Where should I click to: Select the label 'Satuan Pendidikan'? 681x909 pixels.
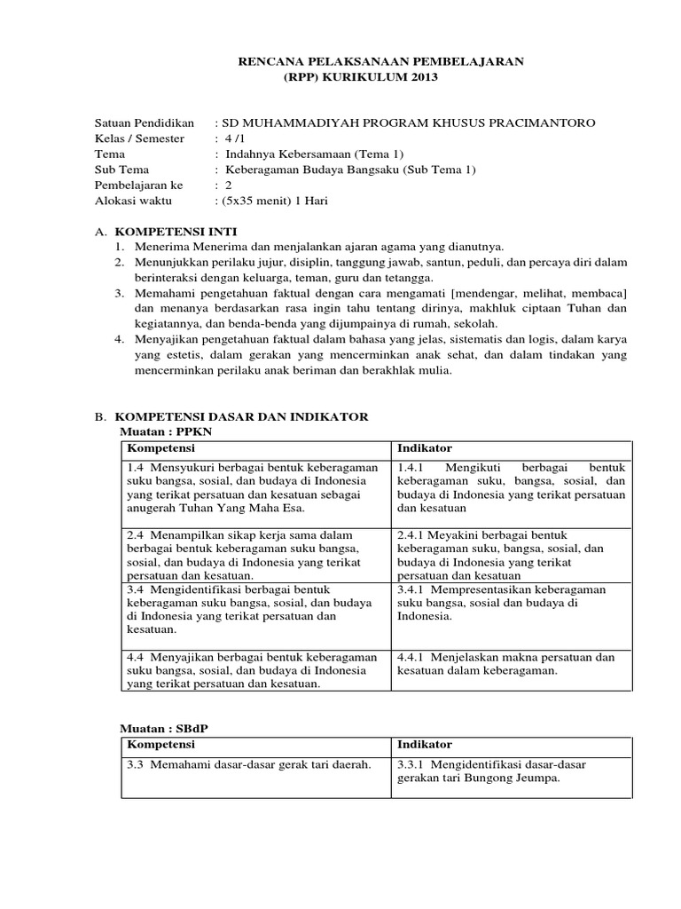coord(144,122)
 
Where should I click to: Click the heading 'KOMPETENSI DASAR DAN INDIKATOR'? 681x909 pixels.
coord(244,416)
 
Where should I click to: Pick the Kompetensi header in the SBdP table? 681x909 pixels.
coord(161,744)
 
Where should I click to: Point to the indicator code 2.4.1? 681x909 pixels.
coord(412,535)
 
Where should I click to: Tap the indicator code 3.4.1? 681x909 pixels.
coord(412,589)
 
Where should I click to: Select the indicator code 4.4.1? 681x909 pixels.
coord(412,657)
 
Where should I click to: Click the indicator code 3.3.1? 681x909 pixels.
coord(412,764)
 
